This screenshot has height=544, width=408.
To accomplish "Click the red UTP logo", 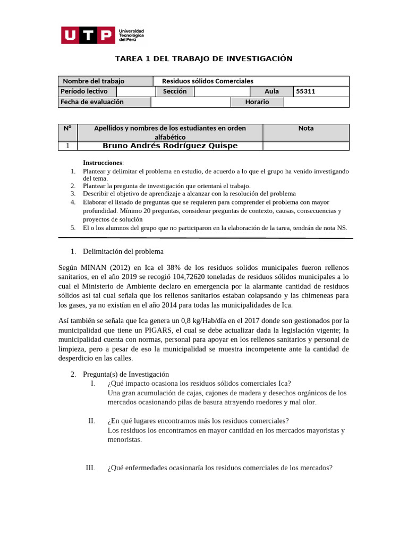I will [88, 36].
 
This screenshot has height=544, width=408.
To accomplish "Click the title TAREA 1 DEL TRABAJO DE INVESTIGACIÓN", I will [203, 58].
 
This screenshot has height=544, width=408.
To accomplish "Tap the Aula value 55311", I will [305, 91].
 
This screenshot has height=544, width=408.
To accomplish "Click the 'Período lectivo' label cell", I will [83, 91].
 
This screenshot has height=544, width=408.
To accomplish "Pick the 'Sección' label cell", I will [175, 91].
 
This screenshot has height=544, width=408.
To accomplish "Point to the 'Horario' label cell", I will [257, 102].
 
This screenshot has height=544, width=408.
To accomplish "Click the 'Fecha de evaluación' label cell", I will [92, 102].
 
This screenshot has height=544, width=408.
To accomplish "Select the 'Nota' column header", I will [306, 128].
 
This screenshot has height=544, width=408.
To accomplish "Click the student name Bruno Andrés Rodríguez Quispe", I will [170, 146].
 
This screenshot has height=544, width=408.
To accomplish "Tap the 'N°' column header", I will [67, 128].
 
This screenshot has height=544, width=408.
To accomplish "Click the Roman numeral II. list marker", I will [91, 421].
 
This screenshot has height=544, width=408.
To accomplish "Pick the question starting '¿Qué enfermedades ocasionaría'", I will [219, 468].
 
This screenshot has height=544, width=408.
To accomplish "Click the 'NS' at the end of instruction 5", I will [341, 228].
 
